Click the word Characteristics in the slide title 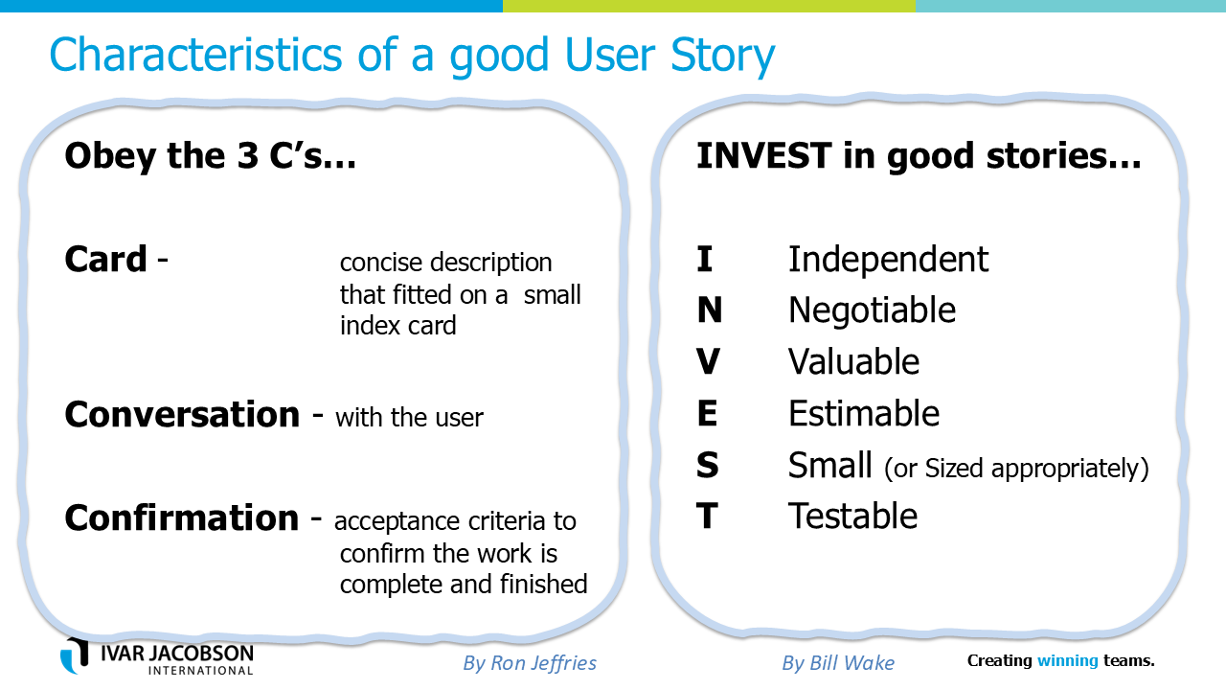tap(195, 55)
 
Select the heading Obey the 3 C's tap(210, 156)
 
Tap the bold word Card tap(105, 259)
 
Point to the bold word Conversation tap(182, 415)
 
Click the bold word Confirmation tap(182, 518)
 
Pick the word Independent tap(888, 259)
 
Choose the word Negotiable tap(872, 310)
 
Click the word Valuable tap(853, 361)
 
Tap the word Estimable tap(864, 413)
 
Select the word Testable tap(852, 516)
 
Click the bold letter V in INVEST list tap(708, 361)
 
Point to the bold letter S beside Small tap(707, 465)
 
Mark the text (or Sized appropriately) tap(1016, 469)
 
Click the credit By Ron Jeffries tap(530, 663)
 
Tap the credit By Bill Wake tap(838, 663)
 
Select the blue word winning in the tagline tap(1067, 661)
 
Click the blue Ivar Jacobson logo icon tap(75, 655)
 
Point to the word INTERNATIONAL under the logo tap(201, 670)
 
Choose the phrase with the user tap(409, 418)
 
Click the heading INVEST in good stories tap(919, 156)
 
